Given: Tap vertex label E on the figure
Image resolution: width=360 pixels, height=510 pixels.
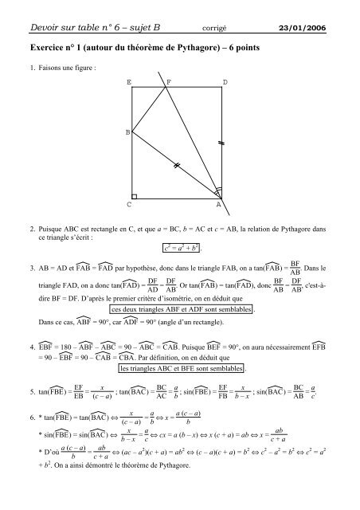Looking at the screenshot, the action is coord(129,82).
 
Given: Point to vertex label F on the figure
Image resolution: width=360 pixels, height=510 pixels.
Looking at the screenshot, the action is coord(167,82).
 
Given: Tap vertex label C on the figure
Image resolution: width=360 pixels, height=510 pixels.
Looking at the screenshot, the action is coord(129,205).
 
